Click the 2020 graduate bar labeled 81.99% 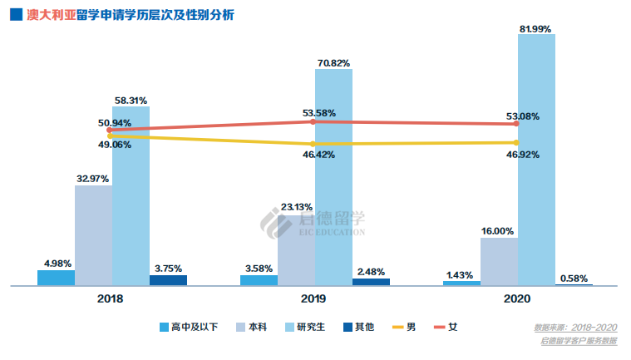pyautogui.click(x=536, y=158)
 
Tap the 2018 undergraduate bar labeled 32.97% pyautogui.click(x=93, y=234)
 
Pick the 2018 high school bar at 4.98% pyautogui.click(x=56, y=277)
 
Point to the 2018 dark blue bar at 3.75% pyautogui.click(x=168, y=279)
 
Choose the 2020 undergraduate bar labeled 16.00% pyautogui.click(x=499, y=261)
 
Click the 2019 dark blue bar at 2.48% pyautogui.click(x=371, y=281)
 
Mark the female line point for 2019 pyautogui.click(x=313, y=121)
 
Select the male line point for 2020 pyautogui.click(x=517, y=142)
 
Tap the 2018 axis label pyautogui.click(x=111, y=298)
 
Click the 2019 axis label pyautogui.click(x=313, y=298)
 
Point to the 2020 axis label pyautogui.click(x=517, y=298)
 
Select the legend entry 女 pyautogui.click(x=444, y=327)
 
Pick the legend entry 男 pyautogui.click(x=402, y=327)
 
